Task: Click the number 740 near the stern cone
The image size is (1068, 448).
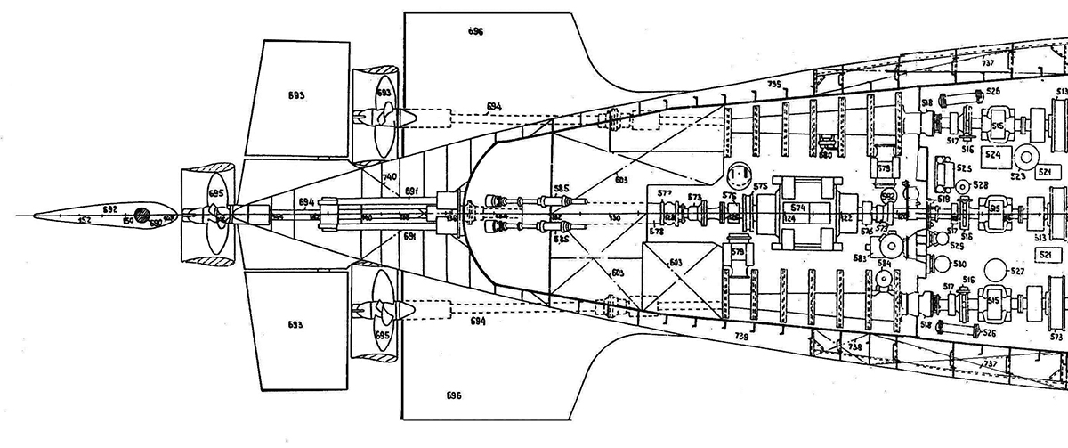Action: [x=389, y=178]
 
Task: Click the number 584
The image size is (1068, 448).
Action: [x=884, y=264]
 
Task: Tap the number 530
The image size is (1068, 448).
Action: [x=959, y=265]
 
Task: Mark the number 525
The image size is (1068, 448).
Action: [x=963, y=167]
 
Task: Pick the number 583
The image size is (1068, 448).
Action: [x=861, y=257]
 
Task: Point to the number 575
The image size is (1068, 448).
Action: [x=760, y=185]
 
